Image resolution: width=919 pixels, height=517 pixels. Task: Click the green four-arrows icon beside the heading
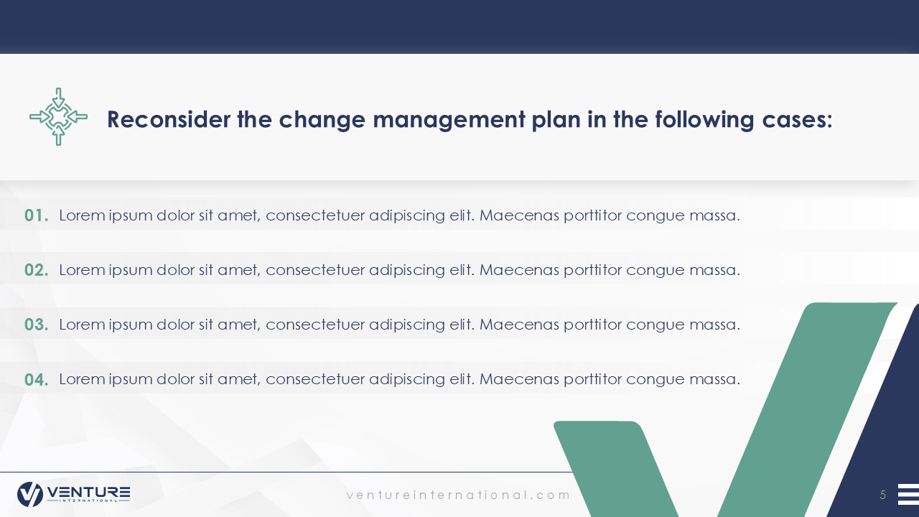coord(58,116)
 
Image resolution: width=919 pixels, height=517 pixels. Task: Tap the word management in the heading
coord(449,120)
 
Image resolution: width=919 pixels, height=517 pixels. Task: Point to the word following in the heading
coord(704,120)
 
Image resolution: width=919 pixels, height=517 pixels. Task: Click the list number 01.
coord(36,215)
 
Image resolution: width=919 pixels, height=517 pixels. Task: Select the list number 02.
coord(36,270)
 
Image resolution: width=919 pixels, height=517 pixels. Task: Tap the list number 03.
coord(36,325)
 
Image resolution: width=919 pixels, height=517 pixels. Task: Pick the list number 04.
coord(36,380)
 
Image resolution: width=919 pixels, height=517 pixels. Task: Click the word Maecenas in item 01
coord(519,215)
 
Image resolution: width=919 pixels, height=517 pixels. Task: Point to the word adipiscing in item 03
coord(406,325)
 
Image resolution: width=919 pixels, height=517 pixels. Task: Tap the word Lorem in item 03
coord(82,325)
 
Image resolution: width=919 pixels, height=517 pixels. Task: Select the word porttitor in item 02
coord(592,271)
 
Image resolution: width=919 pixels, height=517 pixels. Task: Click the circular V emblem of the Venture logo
coord(30,494)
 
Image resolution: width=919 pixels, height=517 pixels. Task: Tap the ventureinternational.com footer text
coord(458,495)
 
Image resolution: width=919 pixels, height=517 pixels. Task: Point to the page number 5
coord(883,495)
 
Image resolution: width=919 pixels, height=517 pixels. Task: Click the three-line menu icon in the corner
coord(908,494)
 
